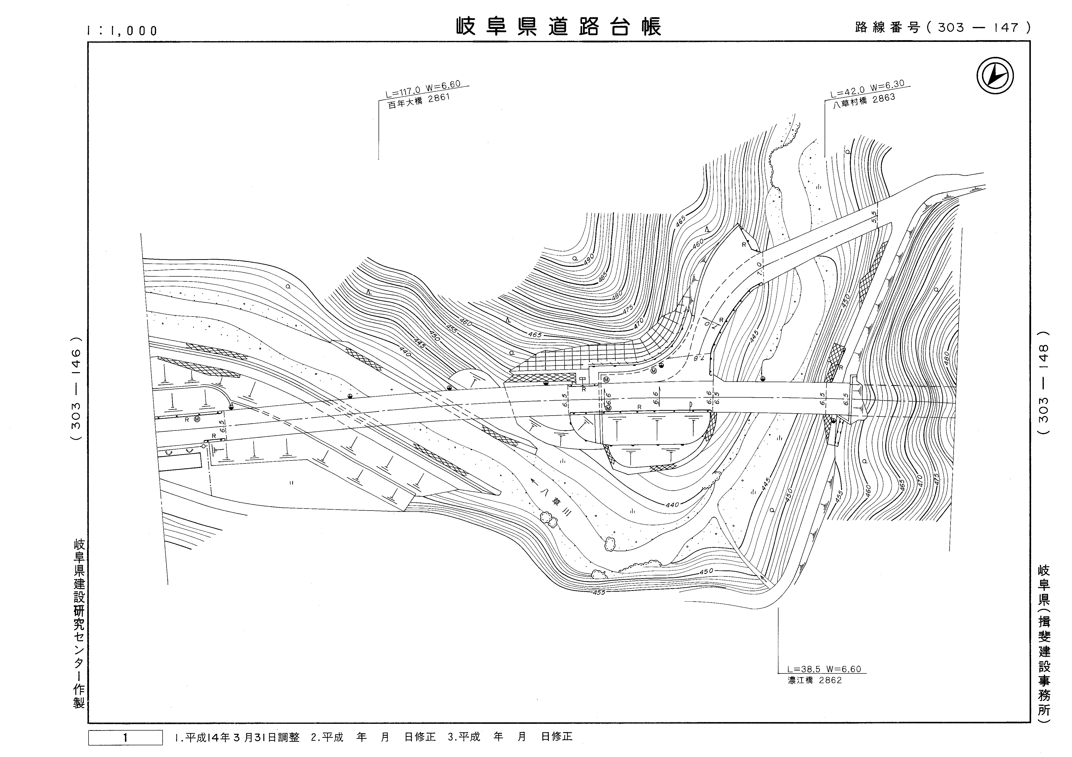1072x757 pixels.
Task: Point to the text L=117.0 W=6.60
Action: coord(423,89)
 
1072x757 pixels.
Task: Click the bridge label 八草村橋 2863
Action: coord(864,101)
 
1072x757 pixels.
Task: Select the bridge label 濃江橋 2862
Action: coord(815,680)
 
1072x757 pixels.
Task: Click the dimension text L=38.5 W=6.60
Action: coord(824,669)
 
